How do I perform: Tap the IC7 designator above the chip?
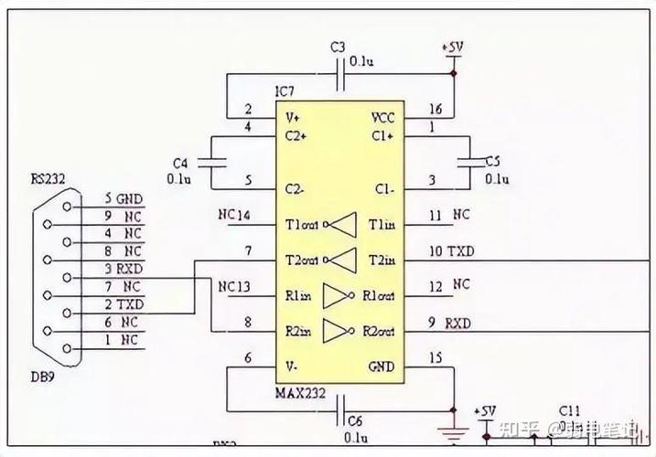[286, 92]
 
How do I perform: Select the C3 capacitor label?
[339, 47]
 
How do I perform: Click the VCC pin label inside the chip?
[382, 119]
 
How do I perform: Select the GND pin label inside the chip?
[382, 367]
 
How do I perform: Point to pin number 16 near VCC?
[436, 110]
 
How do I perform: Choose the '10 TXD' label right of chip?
[451, 251]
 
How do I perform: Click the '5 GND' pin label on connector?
[123, 198]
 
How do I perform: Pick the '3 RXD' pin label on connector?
[123, 269]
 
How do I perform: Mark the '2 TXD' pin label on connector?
[123, 303]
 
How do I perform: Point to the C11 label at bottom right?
[570, 409]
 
